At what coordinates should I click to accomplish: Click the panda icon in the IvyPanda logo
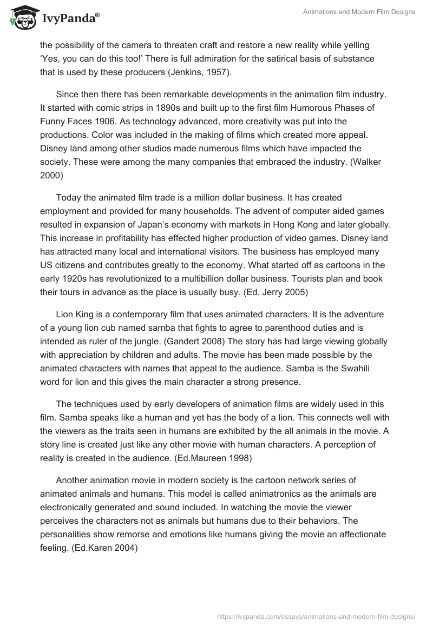[20, 19]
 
